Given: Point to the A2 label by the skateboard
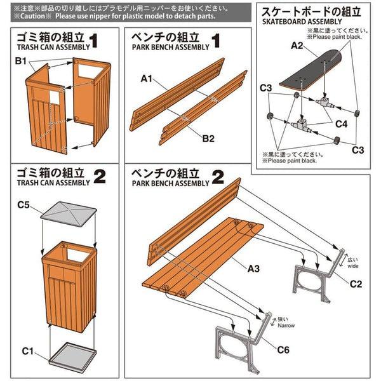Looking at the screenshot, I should click(297, 45).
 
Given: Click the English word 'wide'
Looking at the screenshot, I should click(353, 267).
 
